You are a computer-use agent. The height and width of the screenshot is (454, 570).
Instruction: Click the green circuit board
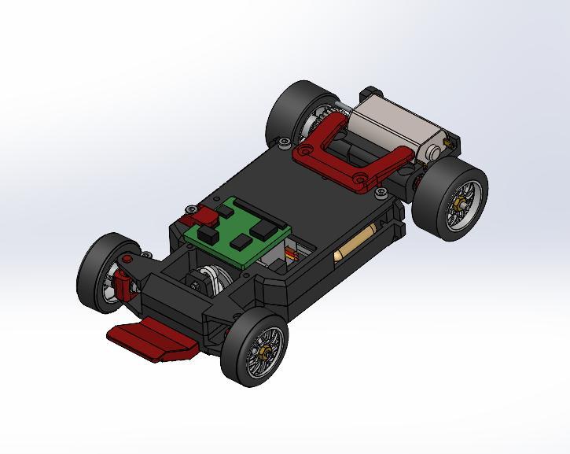pyautogui.click(x=236, y=232)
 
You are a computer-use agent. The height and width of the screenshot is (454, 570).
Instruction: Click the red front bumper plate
pyautogui.click(x=153, y=340)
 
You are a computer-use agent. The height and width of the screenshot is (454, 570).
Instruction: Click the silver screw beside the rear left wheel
pyautogui.click(x=283, y=142)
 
